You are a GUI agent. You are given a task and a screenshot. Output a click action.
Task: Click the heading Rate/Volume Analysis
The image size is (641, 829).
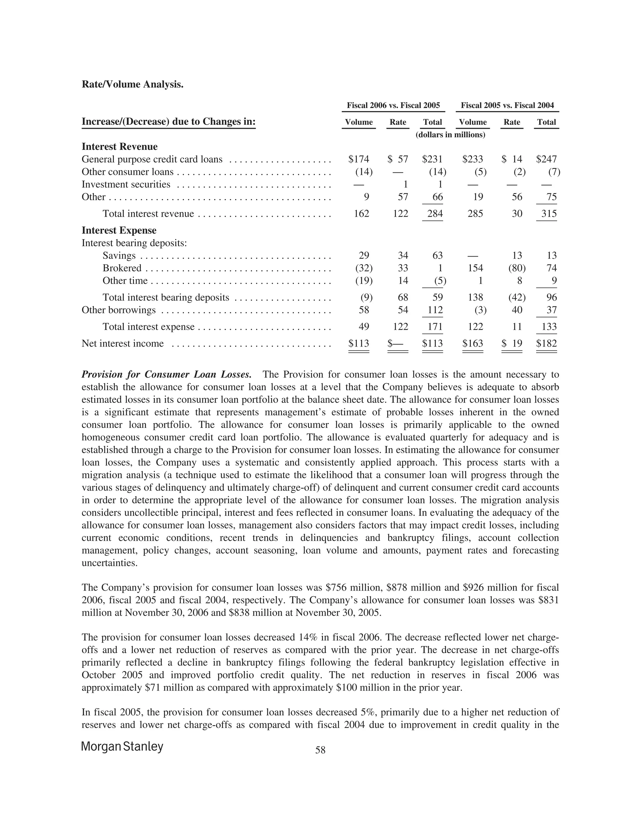coord(132,84)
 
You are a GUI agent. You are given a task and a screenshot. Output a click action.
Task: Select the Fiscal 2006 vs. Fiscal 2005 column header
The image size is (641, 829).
coord(393,105)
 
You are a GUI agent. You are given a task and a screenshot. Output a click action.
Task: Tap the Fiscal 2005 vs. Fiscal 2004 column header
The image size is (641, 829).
coord(507,105)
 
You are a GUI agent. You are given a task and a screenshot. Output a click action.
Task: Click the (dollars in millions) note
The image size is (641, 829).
coord(450,135)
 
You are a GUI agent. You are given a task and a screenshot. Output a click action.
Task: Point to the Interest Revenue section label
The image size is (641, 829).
coord(119,146)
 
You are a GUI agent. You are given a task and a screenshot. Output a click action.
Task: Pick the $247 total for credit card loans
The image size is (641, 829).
coord(546,159)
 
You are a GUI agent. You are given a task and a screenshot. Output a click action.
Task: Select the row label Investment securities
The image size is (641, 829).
coord(126,185)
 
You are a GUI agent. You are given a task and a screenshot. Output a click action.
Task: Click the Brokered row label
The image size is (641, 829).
coord(121,268)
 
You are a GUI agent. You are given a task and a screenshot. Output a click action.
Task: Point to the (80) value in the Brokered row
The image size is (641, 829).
coord(517,268)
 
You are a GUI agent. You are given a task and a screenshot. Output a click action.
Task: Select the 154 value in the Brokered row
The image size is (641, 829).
coord(475,268)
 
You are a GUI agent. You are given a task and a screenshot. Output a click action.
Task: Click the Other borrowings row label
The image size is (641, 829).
coord(119,310)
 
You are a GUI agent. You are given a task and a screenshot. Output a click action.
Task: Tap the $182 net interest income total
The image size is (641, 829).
coord(546,343)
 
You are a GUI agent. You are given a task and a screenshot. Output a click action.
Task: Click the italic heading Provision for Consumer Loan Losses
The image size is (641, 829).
coord(166,375)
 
